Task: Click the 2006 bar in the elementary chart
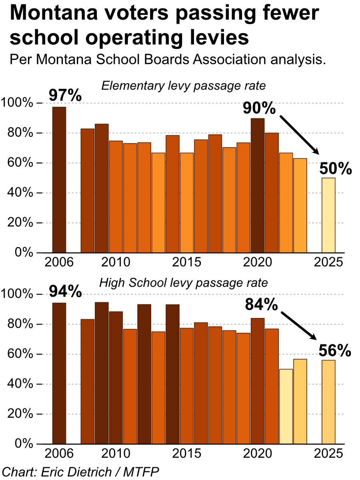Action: pos(59,180)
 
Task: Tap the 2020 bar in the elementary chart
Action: pos(258,186)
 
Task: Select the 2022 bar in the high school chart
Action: pos(286,406)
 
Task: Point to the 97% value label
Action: pos(65,96)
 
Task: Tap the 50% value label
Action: pos(335,169)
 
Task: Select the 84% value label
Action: pos(262,306)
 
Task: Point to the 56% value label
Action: pos(335,351)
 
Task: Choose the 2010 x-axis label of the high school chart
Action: pos(116,454)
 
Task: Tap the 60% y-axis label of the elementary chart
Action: pos(20,163)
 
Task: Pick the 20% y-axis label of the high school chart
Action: pos(20,414)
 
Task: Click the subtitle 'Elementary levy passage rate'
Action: pos(184,86)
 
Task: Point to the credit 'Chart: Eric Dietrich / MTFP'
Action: pos(80,471)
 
